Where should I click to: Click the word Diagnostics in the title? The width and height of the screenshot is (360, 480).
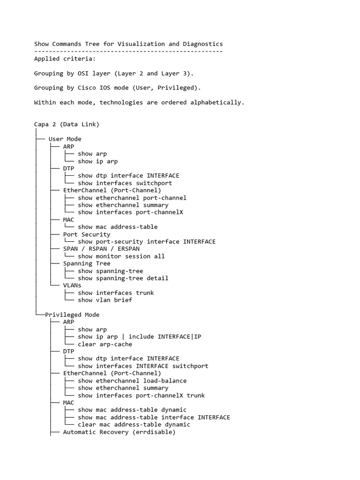201,44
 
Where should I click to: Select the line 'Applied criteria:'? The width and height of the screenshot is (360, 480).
58,59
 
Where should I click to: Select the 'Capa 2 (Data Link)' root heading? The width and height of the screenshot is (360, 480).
67,124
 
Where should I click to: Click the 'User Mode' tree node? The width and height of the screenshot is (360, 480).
65,139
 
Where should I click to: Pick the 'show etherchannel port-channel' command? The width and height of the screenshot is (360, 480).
132,198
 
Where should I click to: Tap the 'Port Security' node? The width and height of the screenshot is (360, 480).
87,234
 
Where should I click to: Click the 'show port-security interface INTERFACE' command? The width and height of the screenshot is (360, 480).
147,242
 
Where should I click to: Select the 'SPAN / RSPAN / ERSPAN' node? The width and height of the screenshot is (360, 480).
101,249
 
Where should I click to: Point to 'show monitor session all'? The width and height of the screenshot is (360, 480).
121,256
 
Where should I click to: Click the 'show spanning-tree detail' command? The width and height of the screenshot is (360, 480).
123,278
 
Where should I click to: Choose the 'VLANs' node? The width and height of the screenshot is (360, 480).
72,285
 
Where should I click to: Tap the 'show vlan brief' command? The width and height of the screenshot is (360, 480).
105,300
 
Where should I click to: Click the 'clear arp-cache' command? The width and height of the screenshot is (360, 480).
105,344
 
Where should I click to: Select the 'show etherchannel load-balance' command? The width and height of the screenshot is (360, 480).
132,381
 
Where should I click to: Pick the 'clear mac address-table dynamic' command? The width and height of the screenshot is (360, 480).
134,425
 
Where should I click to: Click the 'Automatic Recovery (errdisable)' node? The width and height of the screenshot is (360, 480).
120,432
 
